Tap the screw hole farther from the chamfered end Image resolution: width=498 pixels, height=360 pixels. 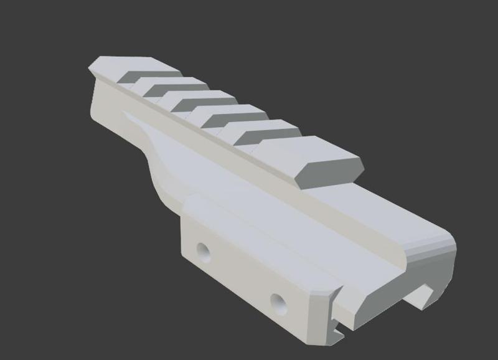click(x=203, y=251)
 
